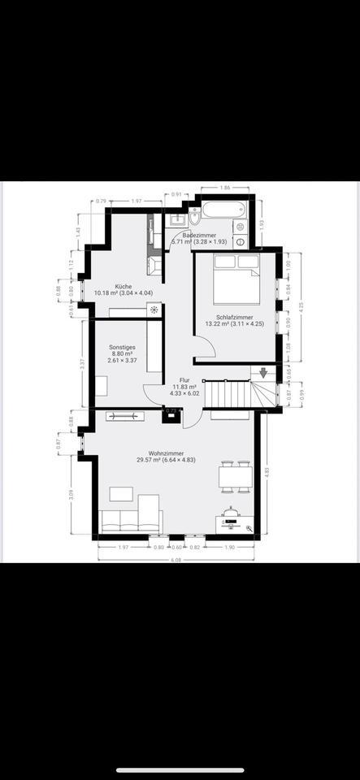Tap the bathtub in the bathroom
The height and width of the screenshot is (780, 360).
click(x=223, y=210)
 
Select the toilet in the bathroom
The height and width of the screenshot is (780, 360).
click(x=195, y=219)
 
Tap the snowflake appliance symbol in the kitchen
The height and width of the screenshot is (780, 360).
click(x=154, y=310)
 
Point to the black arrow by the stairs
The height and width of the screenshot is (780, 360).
click(x=263, y=373)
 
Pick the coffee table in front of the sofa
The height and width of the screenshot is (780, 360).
click(x=121, y=493)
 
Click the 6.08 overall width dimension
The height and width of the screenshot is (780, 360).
click(x=176, y=558)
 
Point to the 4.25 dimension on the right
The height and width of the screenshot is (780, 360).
click(x=301, y=307)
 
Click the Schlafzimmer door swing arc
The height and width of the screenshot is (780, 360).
click(x=206, y=347)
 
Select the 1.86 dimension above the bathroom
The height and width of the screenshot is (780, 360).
click(x=224, y=188)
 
